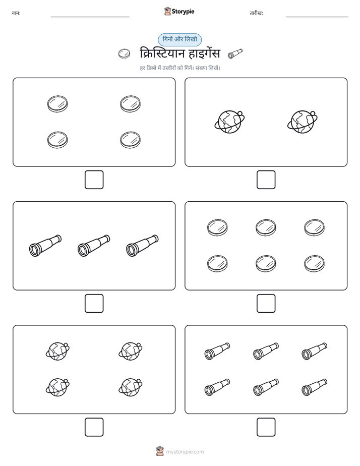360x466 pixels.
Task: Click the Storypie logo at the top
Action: click(x=179, y=11)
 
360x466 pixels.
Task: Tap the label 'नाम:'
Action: click(x=16, y=13)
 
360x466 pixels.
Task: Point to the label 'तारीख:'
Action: click(x=256, y=13)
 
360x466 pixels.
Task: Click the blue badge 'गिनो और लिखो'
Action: click(x=179, y=39)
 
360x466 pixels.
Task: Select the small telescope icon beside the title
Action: click(x=235, y=53)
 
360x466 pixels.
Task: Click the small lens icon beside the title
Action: click(x=124, y=54)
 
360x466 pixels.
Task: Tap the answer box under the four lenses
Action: click(x=94, y=180)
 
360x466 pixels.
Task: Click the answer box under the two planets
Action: click(x=266, y=180)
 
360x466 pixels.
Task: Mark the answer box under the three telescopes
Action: click(x=94, y=304)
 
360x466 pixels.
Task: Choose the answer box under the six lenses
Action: click(x=266, y=304)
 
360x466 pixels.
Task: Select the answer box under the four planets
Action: click(x=94, y=427)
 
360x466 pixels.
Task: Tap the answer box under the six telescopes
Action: click(x=266, y=427)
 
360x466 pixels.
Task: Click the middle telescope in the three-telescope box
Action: click(x=94, y=246)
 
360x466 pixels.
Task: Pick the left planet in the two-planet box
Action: click(x=229, y=122)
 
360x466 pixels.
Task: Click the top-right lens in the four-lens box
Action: click(x=131, y=104)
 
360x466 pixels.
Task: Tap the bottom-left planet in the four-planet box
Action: click(x=57, y=387)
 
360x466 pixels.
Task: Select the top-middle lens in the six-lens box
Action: click(x=266, y=227)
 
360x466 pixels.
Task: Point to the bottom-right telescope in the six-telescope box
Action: click(x=315, y=387)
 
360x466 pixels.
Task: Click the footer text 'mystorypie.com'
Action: click(x=185, y=452)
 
